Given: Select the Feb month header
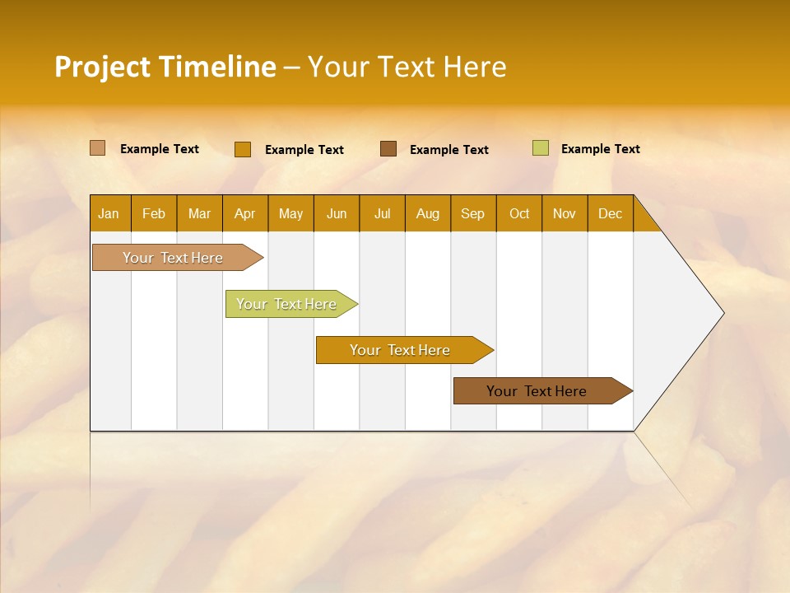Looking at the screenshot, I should point(154,213).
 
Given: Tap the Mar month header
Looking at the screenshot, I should point(199,213).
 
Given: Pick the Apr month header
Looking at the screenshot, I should point(245,213).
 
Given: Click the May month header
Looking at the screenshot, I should point(290,213).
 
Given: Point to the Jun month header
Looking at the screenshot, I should point(337,213).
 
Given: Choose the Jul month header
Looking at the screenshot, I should point(382,213).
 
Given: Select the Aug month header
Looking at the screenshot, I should point(428,213).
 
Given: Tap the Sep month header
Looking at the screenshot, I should point(473,213).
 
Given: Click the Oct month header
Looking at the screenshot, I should point(519,213).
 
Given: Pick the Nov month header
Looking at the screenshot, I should point(565,213).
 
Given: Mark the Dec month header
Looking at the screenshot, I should point(611,213).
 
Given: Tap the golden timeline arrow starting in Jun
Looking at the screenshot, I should point(401,350).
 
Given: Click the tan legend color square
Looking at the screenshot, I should point(97,148).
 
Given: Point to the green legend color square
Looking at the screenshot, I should point(540,148).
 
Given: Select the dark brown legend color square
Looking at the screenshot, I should point(388,148).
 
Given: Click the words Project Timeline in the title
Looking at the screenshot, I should point(165,67).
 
